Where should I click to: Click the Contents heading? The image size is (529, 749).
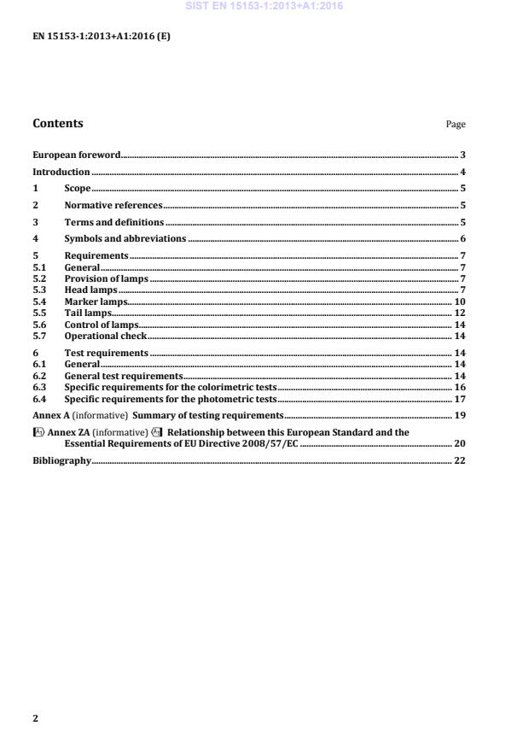coord(58,123)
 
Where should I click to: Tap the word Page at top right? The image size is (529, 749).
coord(456,125)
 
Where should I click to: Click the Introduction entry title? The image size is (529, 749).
coord(61,173)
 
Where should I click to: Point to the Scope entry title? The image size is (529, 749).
coord(78,189)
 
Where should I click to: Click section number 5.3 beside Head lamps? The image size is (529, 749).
coord(39,290)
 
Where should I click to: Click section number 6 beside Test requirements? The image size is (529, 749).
coord(35,353)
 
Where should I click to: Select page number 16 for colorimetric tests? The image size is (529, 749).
coord(459,387)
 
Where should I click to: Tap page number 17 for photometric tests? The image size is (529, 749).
coord(459,399)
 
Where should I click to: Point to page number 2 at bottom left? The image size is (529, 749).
coord(35,718)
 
